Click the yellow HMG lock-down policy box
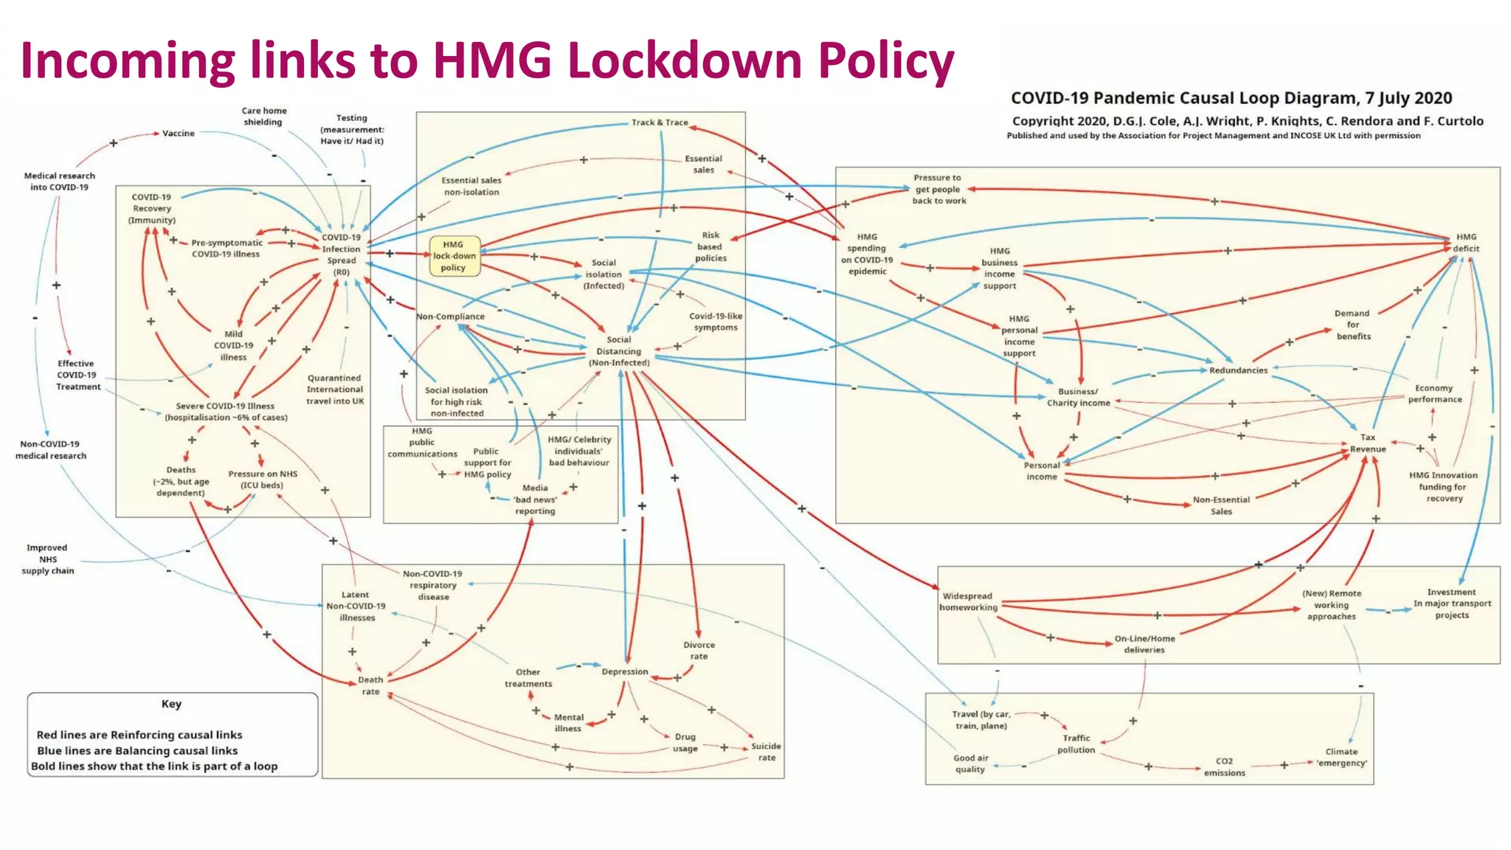click(454, 256)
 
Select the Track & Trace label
click(660, 122)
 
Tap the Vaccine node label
click(179, 134)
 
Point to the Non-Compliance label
click(450, 317)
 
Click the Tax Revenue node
click(1368, 443)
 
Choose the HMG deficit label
click(1466, 243)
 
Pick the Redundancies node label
click(1238, 370)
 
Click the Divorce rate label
click(699, 651)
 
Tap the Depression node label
click(625, 672)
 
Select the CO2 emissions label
click(1225, 767)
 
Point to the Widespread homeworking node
click(968, 602)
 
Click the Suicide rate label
click(766, 752)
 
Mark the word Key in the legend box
click(171, 704)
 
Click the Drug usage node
click(685, 742)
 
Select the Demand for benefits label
click(1353, 325)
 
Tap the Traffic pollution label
click(1076, 744)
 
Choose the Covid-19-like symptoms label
click(716, 322)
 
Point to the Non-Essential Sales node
click(1221, 505)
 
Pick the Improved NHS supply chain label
click(48, 559)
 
